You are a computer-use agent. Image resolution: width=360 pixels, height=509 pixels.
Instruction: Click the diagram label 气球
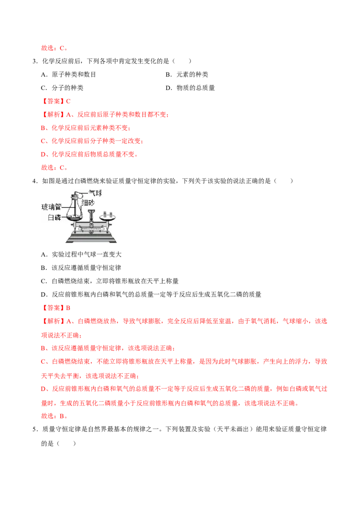[x=95, y=193]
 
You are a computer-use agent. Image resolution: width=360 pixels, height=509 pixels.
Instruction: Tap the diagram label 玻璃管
[x=51, y=207]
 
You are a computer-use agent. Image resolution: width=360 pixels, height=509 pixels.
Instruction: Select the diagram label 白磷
[x=54, y=217]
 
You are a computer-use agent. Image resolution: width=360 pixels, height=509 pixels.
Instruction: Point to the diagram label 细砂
[x=88, y=203]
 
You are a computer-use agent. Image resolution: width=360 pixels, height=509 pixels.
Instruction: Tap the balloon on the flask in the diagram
[x=76, y=194]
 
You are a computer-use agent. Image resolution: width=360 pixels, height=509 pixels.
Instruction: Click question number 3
[x=35, y=61]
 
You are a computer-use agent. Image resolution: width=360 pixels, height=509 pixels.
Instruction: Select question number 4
[x=35, y=181]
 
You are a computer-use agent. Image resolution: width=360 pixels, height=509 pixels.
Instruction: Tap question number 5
[x=35, y=429]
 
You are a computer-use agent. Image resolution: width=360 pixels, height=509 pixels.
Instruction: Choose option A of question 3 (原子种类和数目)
[x=68, y=74]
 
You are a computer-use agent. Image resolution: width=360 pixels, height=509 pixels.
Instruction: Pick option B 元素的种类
[x=187, y=74]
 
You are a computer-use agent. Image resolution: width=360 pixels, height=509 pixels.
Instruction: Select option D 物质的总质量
[x=190, y=88]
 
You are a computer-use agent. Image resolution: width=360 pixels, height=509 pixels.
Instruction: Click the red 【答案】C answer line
[x=56, y=101]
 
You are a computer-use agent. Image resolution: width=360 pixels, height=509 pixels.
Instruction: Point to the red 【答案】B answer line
[x=56, y=308]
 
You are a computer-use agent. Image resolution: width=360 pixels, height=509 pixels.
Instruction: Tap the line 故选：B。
[x=54, y=416]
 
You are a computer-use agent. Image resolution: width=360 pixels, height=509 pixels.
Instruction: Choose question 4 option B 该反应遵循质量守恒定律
[x=81, y=268]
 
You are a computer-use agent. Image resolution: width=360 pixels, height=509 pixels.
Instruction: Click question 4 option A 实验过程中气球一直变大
[x=81, y=254]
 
